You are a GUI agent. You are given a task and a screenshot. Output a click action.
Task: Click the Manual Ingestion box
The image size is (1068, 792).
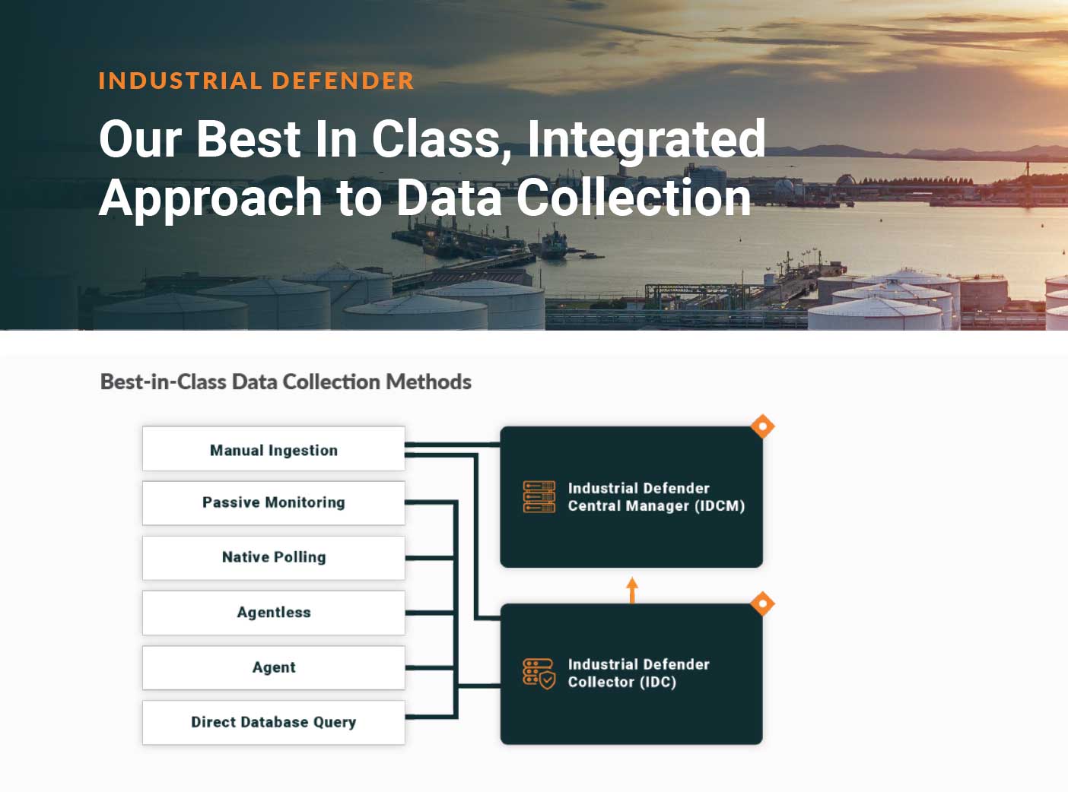pyautogui.click(x=274, y=448)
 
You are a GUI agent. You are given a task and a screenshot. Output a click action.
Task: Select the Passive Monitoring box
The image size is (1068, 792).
pyautogui.click(x=274, y=503)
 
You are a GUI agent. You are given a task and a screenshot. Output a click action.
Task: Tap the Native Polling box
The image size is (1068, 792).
pyautogui.click(x=274, y=558)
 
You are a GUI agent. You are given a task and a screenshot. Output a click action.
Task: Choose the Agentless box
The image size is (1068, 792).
pyautogui.click(x=274, y=613)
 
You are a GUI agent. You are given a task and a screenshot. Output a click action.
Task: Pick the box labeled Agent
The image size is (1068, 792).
pyautogui.click(x=274, y=667)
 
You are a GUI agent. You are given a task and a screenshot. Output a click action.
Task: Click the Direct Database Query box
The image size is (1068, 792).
pyautogui.click(x=274, y=722)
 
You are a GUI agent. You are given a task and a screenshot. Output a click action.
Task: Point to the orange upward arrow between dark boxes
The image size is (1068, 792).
pyautogui.click(x=632, y=590)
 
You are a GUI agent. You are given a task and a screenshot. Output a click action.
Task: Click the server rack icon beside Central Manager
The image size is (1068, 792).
pyautogui.click(x=539, y=496)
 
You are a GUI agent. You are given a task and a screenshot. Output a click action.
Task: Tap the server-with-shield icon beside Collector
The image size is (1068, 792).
pyautogui.click(x=539, y=673)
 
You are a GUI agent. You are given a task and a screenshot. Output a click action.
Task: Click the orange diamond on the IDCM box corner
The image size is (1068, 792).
pyautogui.click(x=763, y=426)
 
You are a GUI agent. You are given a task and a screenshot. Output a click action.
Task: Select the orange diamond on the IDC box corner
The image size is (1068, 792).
pyautogui.click(x=763, y=604)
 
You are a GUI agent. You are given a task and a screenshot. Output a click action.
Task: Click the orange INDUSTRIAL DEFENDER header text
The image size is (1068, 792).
pyautogui.click(x=256, y=81)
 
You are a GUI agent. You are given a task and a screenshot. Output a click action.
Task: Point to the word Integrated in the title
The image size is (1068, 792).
pyautogui.click(x=646, y=141)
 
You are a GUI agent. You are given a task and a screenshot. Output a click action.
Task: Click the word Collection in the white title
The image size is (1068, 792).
pyautogui.click(x=634, y=197)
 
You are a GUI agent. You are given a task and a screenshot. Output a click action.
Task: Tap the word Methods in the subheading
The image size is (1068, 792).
pyautogui.click(x=428, y=382)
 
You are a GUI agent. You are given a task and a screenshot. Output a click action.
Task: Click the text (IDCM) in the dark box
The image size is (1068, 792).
pyautogui.click(x=720, y=505)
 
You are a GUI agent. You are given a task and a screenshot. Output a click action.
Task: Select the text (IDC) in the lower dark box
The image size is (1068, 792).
pyautogui.click(x=658, y=682)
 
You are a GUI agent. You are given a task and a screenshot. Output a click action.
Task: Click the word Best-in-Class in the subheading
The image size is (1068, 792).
pyautogui.click(x=164, y=382)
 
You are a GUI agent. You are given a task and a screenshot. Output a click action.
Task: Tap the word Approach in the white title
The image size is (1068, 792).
pyautogui.click(x=211, y=198)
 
